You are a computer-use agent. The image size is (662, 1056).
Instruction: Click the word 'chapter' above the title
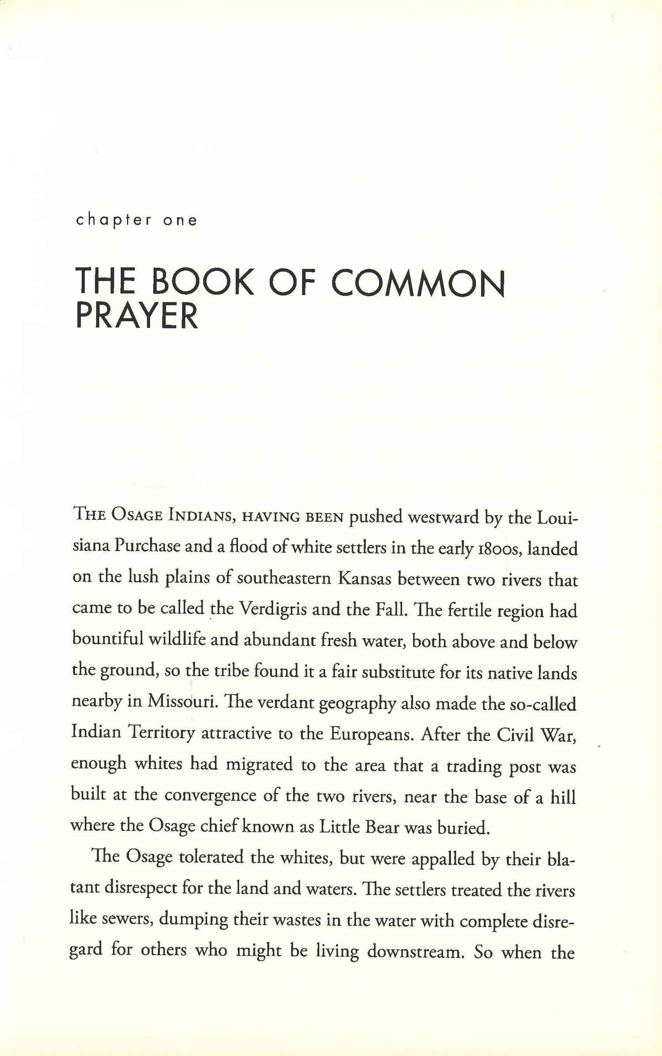[x=113, y=220]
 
